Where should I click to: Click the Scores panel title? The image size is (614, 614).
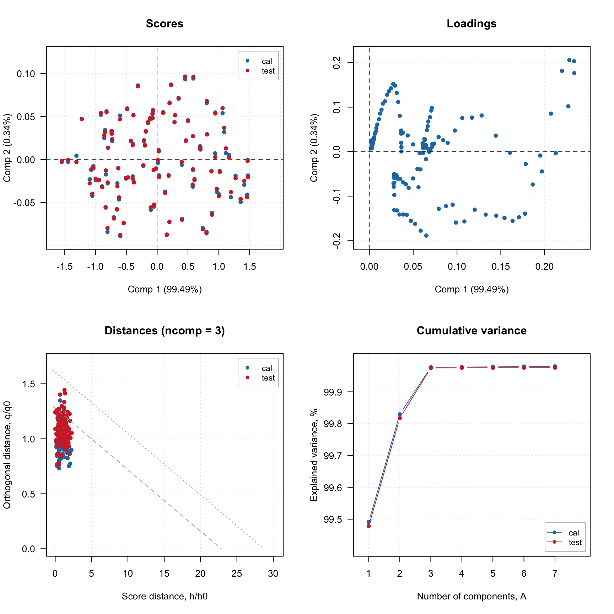click(x=165, y=24)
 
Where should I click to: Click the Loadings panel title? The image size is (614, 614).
click(x=471, y=24)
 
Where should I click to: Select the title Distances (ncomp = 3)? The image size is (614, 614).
click(x=165, y=331)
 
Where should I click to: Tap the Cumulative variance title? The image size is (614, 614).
click(x=471, y=331)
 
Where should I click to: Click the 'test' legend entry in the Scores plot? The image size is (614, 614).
click(x=268, y=71)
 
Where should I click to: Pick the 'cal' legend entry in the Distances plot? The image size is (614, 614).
click(x=266, y=368)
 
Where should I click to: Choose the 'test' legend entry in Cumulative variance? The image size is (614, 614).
click(x=575, y=543)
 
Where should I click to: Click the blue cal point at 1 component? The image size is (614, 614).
click(x=369, y=522)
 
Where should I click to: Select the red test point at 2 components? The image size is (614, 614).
click(x=400, y=418)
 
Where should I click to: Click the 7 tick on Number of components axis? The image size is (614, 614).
click(x=555, y=573)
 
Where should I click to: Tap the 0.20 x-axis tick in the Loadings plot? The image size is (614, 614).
click(x=544, y=266)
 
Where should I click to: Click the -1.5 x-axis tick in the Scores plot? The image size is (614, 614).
click(x=65, y=266)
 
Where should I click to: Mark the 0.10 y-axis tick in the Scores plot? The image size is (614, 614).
click(x=26, y=74)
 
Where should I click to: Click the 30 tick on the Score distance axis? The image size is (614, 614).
click(x=273, y=573)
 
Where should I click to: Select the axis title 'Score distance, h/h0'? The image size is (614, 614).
click(x=165, y=597)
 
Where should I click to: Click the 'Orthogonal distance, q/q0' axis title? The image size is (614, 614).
click(x=7, y=455)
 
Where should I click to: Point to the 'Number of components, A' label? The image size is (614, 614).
click(x=471, y=597)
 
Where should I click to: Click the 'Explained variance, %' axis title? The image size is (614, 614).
click(x=314, y=455)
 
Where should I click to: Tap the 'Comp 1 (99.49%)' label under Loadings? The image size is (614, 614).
click(x=471, y=290)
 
